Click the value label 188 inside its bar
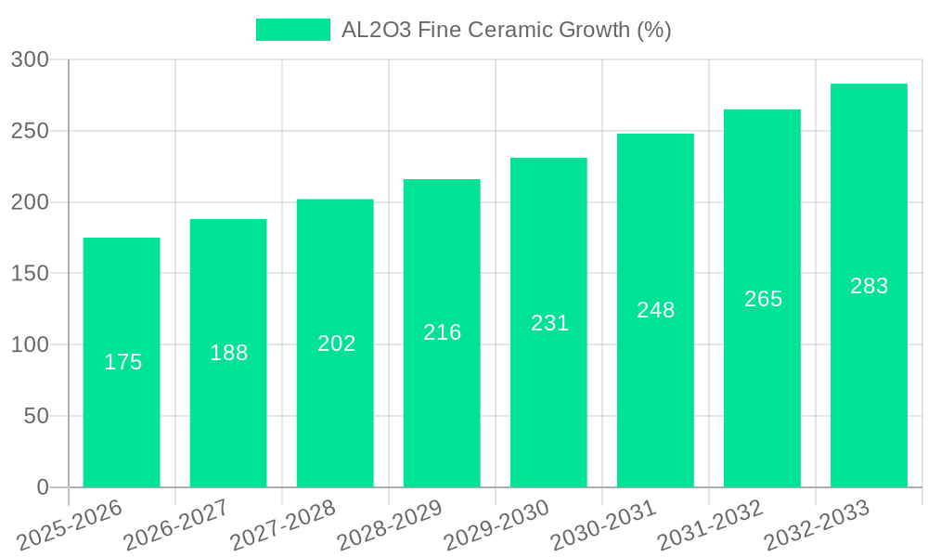coord(229,353)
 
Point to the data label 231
coord(549,323)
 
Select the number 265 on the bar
coord(763,299)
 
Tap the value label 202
coord(336,343)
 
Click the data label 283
coord(869,286)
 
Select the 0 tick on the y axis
coord(42,487)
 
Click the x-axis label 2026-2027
coord(175,525)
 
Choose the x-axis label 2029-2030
coord(496,525)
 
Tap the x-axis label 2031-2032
coord(710,525)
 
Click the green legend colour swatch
coord(292,30)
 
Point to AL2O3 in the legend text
coord(376,30)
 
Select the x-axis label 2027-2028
coord(282,525)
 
